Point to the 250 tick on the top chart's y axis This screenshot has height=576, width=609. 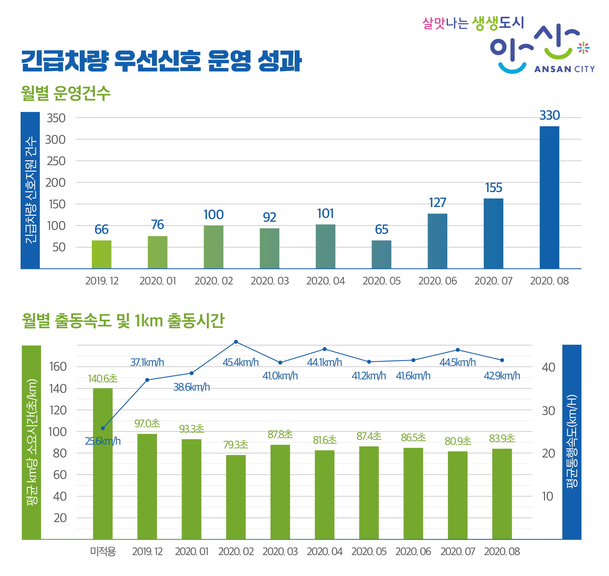coord(56,161)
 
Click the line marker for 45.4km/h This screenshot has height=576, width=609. coord(236,342)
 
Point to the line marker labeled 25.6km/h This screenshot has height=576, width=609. coord(103,428)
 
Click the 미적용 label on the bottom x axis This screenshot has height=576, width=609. coord(103,552)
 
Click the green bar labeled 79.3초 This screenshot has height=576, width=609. coord(236,497)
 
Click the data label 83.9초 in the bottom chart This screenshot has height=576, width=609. coord(502,438)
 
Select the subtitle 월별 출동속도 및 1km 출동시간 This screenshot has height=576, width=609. coord(123,321)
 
